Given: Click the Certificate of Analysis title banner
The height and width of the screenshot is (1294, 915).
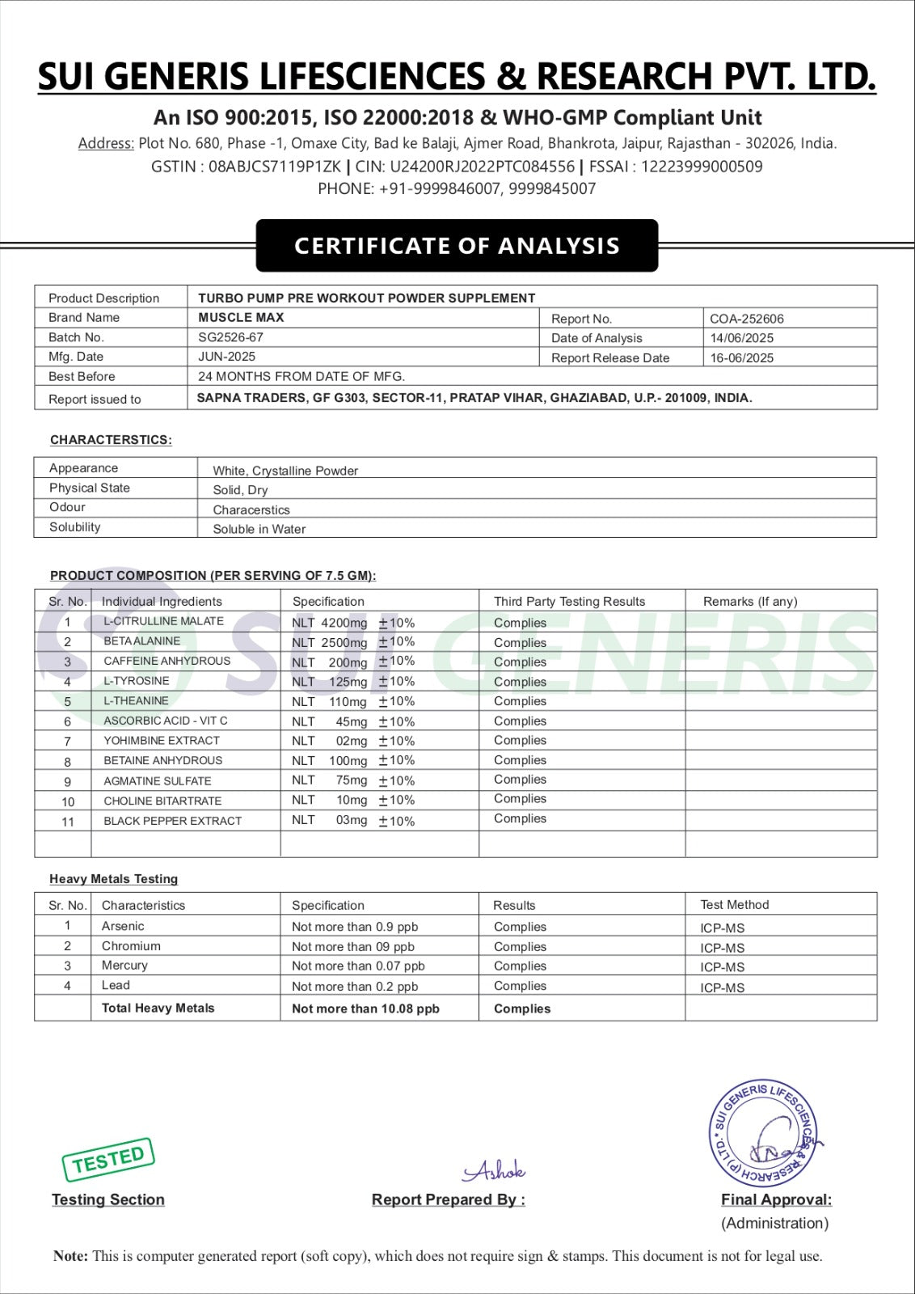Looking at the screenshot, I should pyautogui.click(x=457, y=246).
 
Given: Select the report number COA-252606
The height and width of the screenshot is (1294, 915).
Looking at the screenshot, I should pyautogui.click(x=746, y=319).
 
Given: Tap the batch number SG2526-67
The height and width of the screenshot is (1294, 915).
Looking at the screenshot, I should pyautogui.click(x=230, y=337).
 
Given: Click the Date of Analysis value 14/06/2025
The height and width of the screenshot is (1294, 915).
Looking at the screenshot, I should pyautogui.click(x=741, y=338).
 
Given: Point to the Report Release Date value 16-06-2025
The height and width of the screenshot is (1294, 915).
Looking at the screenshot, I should pyautogui.click(x=741, y=357).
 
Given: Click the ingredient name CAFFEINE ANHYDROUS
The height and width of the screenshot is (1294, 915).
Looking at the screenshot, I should pyautogui.click(x=167, y=661).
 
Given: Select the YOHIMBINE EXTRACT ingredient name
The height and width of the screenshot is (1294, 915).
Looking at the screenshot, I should pyautogui.click(x=162, y=740).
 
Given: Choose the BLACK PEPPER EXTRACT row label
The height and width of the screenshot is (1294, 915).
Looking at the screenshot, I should pyautogui.click(x=172, y=820).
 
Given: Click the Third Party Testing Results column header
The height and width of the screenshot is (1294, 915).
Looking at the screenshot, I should pyautogui.click(x=569, y=601).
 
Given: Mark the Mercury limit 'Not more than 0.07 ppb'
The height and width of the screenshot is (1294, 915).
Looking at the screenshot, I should pyautogui.click(x=358, y=966).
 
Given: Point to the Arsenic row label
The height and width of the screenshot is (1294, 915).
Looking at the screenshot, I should pyautogui.click(x=123, y=926).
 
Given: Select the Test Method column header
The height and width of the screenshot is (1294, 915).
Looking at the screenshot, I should pyautogui.click(x=734, y=904).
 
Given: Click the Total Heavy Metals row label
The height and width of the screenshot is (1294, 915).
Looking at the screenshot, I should pyautogui.click(x=158, y=1008).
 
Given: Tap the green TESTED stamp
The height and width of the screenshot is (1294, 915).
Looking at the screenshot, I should pyautogui.click(x=108, y=1160).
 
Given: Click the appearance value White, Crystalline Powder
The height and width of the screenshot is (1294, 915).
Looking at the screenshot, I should pyautogui.click(x=285, y=471).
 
